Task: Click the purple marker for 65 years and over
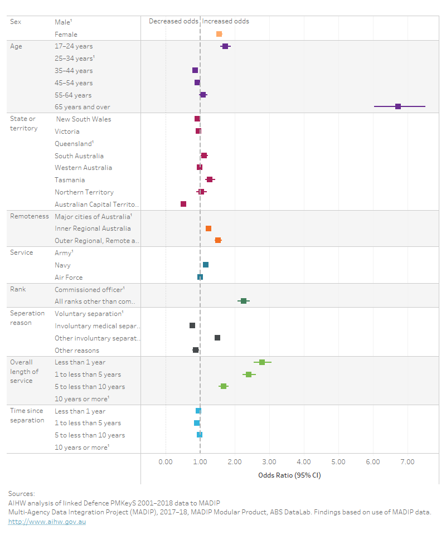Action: [398, 106]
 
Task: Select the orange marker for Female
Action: [219, 34]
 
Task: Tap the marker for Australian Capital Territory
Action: [183, 204]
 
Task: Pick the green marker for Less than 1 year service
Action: [262, 362]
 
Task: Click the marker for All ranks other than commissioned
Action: [244, 301]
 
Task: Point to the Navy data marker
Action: [206, 265]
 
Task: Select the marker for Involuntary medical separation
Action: [192, 325]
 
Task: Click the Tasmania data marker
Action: [210, 179]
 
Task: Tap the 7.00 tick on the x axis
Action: [408, 462]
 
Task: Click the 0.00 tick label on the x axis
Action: [166, 462]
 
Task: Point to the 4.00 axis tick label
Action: [304, 462]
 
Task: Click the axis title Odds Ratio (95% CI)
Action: [289, 475]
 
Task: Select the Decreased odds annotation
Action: [173, 21]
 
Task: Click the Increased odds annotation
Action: [226, 21]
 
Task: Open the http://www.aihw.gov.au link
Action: [47, 522]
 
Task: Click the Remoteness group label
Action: [30, 216]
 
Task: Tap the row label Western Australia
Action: [83, 168]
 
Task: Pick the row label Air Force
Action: [69, 277]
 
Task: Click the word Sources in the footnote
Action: [22, 493]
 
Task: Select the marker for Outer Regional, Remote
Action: [218, 240]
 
